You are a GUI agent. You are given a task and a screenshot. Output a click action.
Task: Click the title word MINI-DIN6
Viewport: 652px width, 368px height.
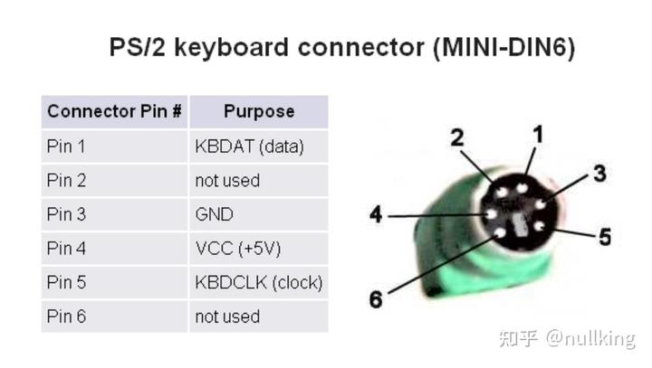tap(504, 47)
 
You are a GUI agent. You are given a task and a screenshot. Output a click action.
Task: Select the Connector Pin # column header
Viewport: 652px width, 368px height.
tap(114, 111)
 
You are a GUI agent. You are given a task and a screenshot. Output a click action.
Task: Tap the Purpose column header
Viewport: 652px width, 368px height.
tap(259, 111)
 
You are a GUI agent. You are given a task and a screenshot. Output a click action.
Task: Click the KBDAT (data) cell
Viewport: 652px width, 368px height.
tap(250, 146)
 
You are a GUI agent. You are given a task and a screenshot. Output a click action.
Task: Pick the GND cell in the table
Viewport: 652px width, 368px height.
tap(214, 214)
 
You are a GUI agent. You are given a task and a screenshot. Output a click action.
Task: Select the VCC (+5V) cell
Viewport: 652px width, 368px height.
tap(238, 249)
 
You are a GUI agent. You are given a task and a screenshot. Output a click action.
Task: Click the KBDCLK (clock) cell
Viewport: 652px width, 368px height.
tap(259, 283)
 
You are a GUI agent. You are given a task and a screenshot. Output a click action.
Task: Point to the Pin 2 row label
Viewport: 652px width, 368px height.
tap(66, 181)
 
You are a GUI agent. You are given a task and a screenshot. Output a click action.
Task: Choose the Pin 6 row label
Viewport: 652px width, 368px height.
tap(66, 316)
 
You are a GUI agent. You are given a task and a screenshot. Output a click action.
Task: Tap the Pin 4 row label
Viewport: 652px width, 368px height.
tap(66, 249)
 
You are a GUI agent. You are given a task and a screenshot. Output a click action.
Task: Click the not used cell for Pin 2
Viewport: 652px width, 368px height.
tap(227, 181)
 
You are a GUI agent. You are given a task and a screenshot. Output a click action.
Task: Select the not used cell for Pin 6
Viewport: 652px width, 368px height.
tap(227, 316)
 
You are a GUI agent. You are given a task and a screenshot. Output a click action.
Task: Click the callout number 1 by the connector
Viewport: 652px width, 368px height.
tap(538, 135)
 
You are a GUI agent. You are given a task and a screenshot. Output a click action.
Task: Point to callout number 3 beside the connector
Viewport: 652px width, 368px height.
tap(599, 174)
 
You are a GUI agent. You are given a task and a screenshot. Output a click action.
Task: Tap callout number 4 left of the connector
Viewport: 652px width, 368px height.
tap(376, 214)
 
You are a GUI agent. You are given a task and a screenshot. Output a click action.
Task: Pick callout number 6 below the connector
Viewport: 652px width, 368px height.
tap(376, 299)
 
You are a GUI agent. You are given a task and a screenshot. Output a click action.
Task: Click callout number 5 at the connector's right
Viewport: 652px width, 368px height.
tap(605, 237)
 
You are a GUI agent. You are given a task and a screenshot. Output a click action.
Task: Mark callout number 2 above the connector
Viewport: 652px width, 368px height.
tap(457, 137)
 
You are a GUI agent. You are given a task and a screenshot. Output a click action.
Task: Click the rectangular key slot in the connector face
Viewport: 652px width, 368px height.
tap(519, 225)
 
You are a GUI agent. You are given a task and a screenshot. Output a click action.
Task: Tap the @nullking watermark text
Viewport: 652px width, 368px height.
tap(590, 338)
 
